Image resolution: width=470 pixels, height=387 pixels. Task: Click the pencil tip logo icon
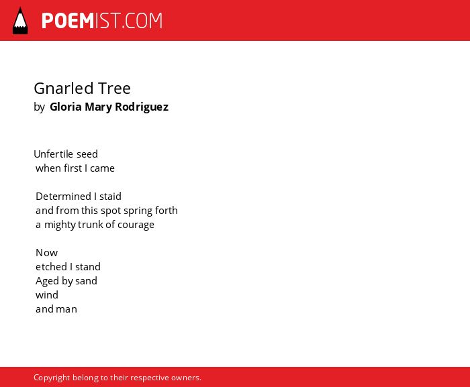click(20, 21)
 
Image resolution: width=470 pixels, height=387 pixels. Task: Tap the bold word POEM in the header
click(68, 21)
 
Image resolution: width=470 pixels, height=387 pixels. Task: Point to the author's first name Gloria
click(66, 107)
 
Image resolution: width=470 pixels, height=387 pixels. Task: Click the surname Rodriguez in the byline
click(142, 107)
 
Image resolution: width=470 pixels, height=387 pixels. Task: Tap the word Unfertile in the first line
click(53, 154)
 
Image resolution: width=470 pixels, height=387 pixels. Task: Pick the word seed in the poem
click(87, 154)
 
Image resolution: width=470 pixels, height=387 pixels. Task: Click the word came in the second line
click(102, 168)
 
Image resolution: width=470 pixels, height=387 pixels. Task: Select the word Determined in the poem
click(63, 197)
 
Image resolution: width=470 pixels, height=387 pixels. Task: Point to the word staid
click(110, 197)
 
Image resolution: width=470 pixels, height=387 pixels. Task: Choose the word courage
click(136, 225)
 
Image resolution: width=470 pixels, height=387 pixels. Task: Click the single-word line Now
click(47, 253)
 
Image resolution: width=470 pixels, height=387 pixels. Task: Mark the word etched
click(51, 266)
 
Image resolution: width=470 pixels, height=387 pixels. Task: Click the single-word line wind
click(47, 294)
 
